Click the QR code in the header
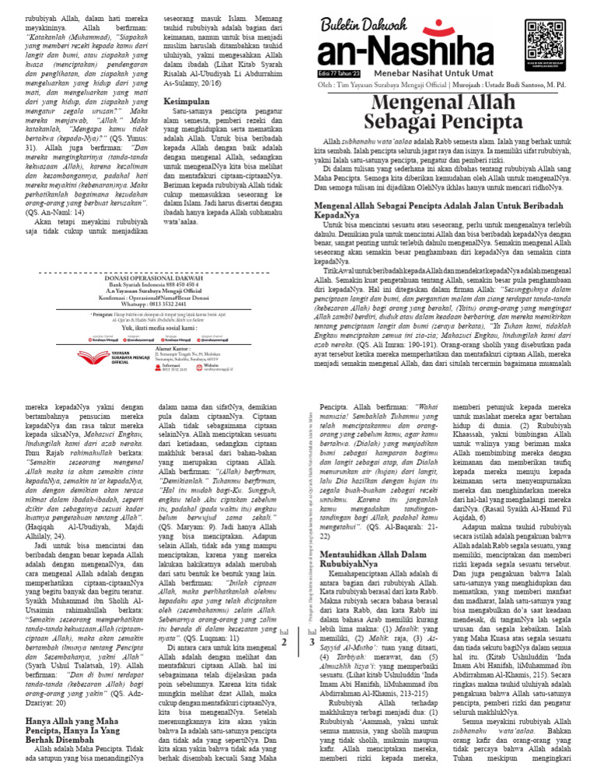point(546,37)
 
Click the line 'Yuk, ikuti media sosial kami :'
point(154,328)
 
